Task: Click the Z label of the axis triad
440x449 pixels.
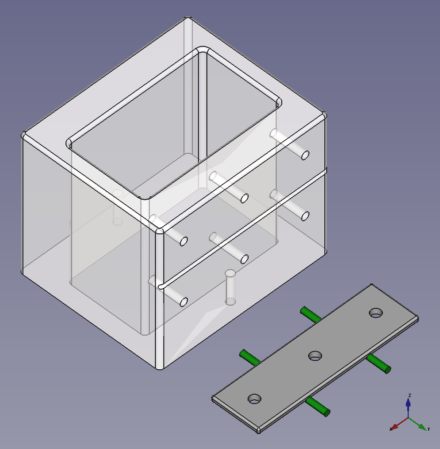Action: click(410, 396)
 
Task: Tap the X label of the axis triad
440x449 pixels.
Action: click(391, 429)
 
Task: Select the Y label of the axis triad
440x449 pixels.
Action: click(429, 429)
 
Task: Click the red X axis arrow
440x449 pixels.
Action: click(399, 424)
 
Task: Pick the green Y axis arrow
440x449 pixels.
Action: click(418, 424)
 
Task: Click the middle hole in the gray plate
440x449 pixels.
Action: click(315, 356)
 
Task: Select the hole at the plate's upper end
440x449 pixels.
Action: click(376, 313)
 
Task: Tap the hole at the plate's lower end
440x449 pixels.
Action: click(255, 398)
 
